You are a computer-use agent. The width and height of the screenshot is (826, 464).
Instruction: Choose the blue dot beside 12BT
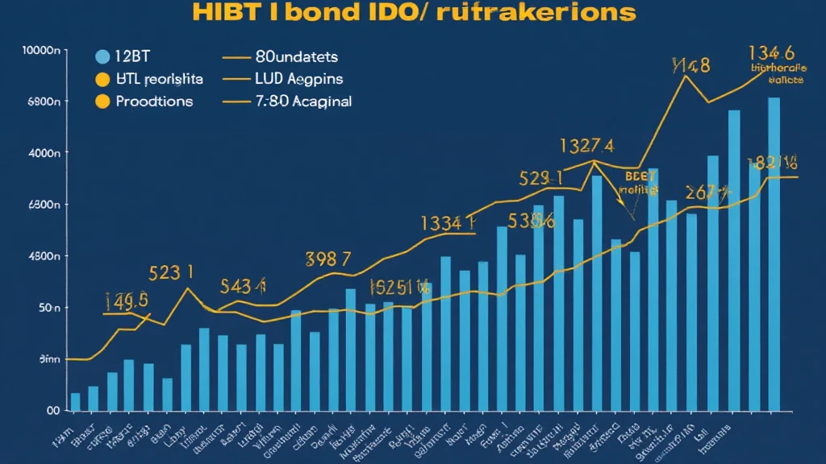(x=102, y=56)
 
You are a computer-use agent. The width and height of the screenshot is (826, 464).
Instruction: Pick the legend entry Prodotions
(x=154, y=101)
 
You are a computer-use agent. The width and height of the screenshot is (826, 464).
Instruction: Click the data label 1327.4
(x=586, y=146)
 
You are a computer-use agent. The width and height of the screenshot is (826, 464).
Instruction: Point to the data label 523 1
(x=171, y=273)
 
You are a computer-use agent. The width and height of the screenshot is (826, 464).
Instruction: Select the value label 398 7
(x=328, y=259)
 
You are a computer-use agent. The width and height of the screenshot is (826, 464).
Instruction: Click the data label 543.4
(x=243, y=286)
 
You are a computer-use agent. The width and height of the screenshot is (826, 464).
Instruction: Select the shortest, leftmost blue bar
(x=76, y=401)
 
